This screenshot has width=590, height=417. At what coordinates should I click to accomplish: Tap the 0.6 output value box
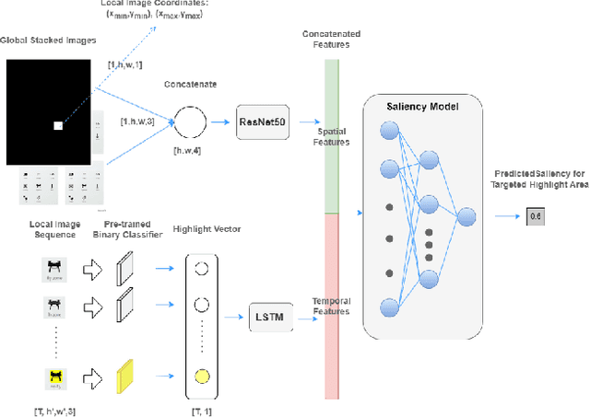click(x=536, y=217)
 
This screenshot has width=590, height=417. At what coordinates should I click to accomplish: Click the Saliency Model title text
click(x=421, y=107)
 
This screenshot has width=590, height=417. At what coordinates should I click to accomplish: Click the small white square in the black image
click(x=57, y=125)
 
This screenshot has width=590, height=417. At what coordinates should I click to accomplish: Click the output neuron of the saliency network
click(x=466, y=216)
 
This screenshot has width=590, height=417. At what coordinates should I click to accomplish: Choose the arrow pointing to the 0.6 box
click(x=504, y=217)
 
